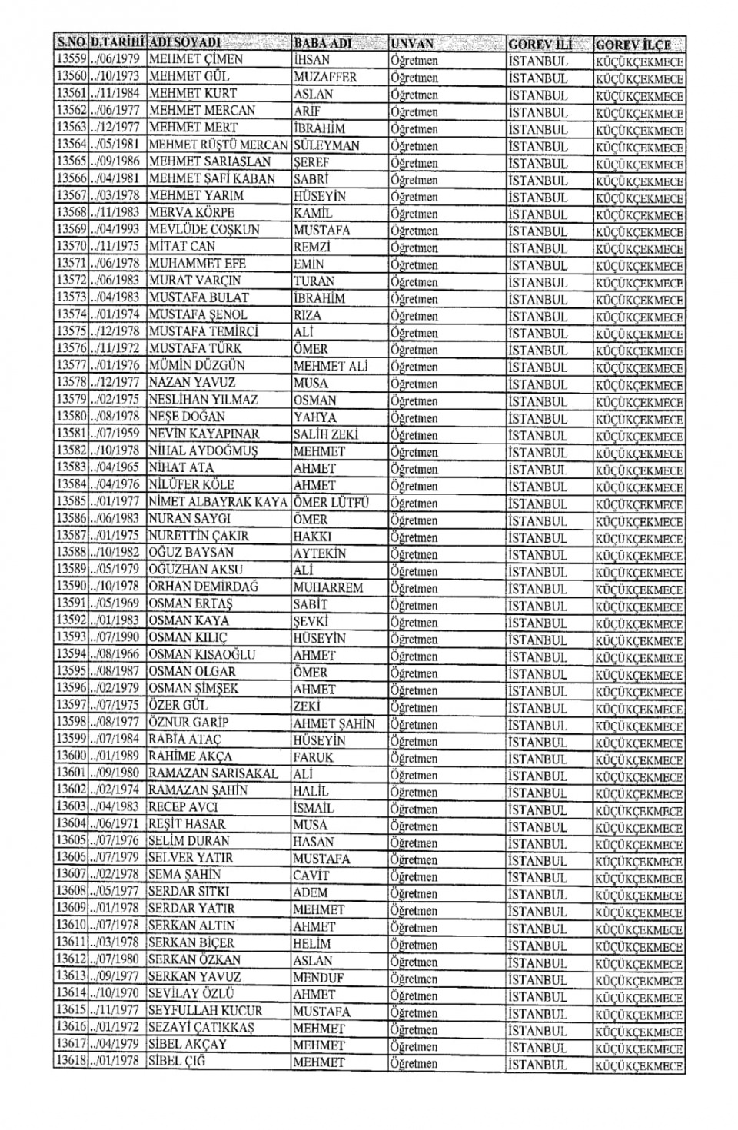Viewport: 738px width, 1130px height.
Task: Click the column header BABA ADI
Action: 323,43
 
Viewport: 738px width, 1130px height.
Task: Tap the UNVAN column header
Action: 413,44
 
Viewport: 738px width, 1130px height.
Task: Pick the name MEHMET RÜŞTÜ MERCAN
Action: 218,145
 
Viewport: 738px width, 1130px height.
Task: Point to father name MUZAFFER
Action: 325,77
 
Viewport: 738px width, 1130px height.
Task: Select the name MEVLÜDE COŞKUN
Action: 204,230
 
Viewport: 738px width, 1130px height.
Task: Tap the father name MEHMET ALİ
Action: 331,366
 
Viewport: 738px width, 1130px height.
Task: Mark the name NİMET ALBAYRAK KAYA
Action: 218,502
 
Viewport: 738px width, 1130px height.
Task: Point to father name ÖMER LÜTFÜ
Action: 331,502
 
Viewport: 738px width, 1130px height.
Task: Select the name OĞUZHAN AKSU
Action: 195,570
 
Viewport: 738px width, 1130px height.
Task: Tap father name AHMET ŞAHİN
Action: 334,723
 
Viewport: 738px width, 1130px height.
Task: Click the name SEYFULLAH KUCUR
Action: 205,1011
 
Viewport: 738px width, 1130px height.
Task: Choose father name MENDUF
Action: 318,978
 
